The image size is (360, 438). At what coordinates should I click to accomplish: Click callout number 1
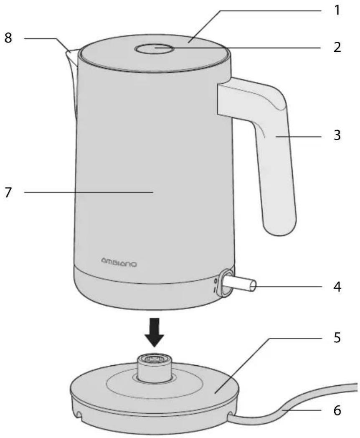[337, 10]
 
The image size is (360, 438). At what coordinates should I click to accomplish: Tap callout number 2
[337, 47]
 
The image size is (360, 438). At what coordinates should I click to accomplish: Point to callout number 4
[337, 287]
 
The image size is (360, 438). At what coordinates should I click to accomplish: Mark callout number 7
[8, 192]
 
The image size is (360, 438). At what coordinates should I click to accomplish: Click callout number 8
[8, 38]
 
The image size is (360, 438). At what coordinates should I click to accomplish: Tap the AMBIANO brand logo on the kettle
[119, 263]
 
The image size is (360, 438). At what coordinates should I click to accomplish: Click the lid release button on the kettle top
[155, 48]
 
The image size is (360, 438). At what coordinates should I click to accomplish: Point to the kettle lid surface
[155, 53]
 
